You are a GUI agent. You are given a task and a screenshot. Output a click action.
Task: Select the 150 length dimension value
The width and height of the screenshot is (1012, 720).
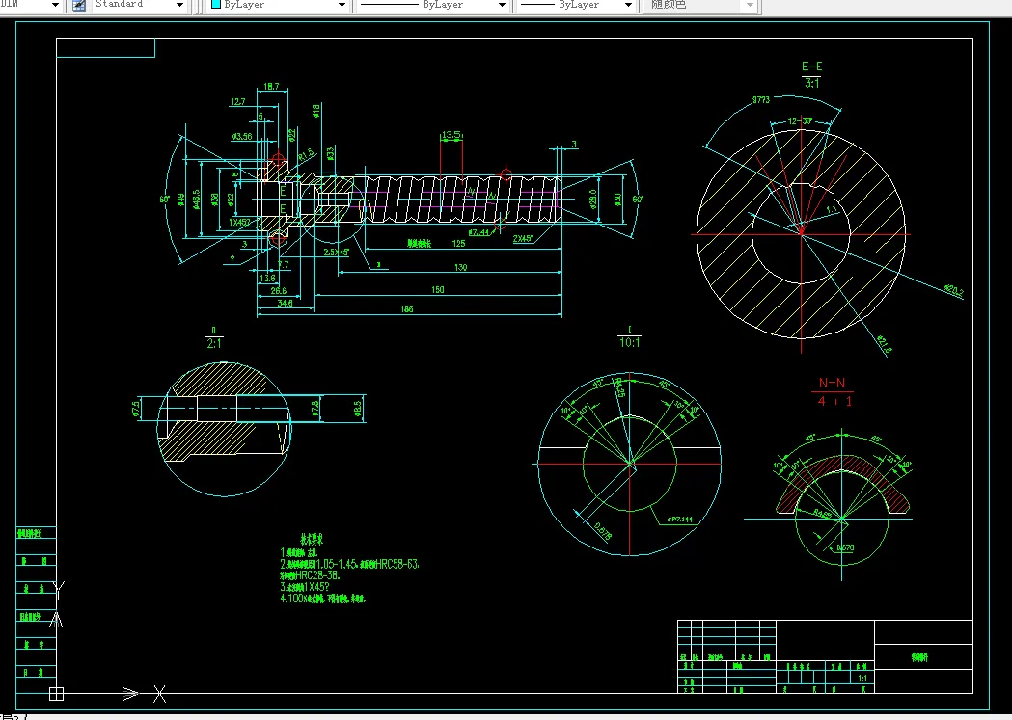439,288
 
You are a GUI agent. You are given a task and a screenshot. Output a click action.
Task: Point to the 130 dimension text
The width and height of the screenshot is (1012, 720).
459,268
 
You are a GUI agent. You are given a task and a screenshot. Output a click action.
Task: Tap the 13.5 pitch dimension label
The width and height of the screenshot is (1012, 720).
451,135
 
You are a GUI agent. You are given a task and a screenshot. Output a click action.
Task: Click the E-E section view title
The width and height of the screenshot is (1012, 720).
812,67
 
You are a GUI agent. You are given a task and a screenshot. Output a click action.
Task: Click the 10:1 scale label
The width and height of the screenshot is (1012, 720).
630,340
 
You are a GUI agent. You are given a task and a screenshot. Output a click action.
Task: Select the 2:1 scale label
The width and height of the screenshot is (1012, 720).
213,340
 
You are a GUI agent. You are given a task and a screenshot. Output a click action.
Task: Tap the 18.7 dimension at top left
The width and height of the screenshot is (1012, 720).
270,87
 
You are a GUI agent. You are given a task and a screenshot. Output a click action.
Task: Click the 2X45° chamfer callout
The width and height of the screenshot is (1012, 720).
525,238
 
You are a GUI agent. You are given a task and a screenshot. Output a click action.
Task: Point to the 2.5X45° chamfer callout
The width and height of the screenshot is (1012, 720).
336,252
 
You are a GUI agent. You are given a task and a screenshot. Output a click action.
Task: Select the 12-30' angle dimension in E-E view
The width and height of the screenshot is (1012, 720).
800,121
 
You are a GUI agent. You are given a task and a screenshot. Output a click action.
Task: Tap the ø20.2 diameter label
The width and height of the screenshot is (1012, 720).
953,288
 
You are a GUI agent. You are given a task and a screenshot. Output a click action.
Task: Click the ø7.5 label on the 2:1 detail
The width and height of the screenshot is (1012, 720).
136,408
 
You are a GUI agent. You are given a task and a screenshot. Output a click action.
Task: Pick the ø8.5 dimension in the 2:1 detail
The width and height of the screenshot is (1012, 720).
356,408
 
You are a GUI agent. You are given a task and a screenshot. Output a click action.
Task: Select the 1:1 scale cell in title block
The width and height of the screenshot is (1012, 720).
862,680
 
